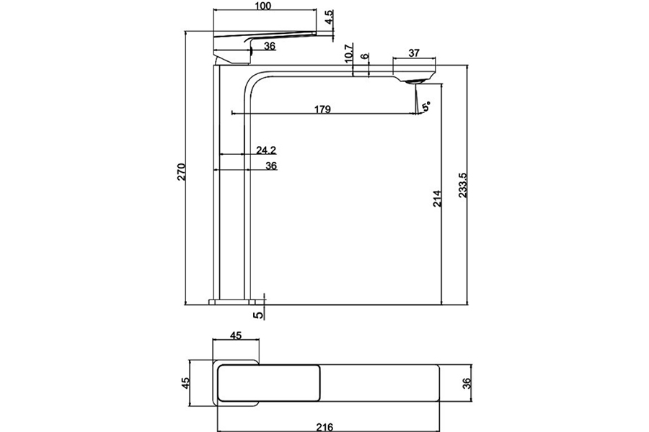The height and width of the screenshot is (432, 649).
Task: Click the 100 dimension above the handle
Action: [262, 6]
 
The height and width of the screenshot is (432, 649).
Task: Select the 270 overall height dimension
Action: [182, 171]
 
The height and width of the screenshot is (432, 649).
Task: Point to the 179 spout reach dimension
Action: [322, 109]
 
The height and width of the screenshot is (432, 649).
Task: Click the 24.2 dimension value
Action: [266, 150]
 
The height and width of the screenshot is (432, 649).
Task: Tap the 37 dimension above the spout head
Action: [414, 53]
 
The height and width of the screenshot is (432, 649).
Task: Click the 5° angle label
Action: [427, 107]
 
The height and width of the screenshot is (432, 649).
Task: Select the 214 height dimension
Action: [437, 199]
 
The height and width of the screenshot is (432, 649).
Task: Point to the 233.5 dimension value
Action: [464, 184]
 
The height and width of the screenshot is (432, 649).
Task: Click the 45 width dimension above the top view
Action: [235, 335]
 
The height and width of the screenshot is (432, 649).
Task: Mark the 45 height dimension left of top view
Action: [185, 382]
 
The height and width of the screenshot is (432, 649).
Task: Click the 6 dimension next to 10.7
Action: [365, 56]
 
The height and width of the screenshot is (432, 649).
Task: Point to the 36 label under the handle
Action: [270, 46]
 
